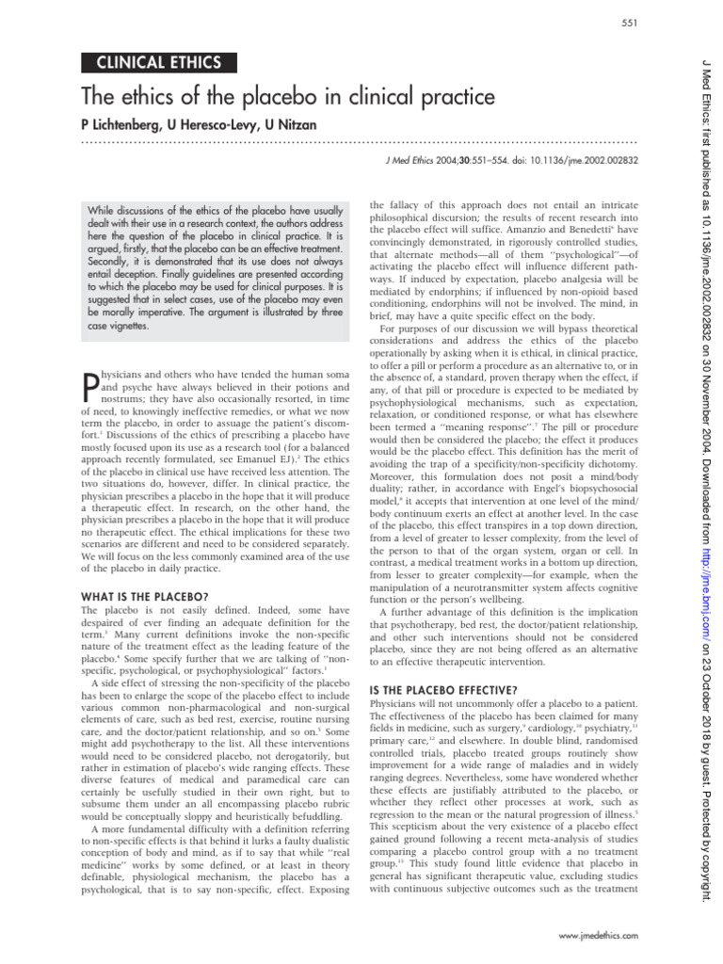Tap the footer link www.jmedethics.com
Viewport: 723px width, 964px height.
point(598,935)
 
